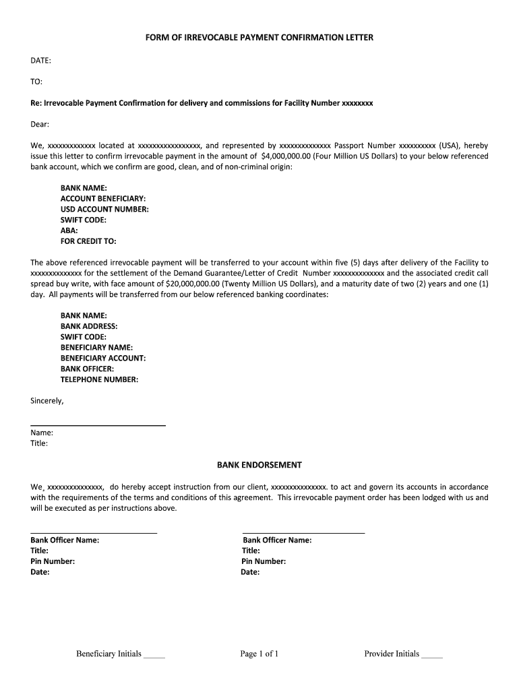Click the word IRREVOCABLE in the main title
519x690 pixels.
(x=214, y=38)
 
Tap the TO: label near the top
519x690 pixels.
(x=36, y=82)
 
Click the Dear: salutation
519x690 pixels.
(x=40, y=124)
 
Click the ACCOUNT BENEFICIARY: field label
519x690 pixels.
(x=103, y=199)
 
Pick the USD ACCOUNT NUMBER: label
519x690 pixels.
(x=104, y=210)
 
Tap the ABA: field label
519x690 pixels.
(x=69, y=230)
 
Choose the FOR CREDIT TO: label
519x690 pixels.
(x=88, y=241)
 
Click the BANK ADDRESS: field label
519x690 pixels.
(x=89, y=326)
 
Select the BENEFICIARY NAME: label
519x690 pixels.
(x=96, y=348)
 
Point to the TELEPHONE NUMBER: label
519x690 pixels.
(x=99, y=379)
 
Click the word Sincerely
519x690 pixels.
(x=47, y=401)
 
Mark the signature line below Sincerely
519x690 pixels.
(x=98, y=425)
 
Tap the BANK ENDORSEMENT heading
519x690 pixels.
(x=259, y=465)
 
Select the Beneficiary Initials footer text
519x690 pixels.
(x=109, y=654)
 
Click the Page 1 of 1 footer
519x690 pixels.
(x=259, y=654)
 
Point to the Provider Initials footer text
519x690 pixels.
(x=392, y=654)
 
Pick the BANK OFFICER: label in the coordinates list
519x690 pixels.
(x=87, y=369)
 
